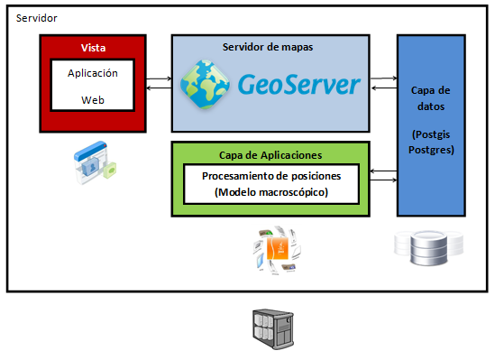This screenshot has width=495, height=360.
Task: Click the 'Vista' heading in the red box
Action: tap(93, 47)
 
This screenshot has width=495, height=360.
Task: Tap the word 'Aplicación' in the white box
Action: tap(93, 74)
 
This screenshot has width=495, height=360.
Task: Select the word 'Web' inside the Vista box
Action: tap(93, 100)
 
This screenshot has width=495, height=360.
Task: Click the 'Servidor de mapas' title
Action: tap(268, 46)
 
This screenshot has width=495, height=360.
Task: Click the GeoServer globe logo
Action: tap(205, 83)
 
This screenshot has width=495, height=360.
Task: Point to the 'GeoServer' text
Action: tap(298, 85)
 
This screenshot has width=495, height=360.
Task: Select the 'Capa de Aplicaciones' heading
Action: tap(270, 154)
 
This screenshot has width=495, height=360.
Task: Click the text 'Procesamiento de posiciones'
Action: tap(270, 175)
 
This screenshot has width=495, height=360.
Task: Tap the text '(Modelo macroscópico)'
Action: tap(270, 192)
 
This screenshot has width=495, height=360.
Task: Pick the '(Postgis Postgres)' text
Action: tap(438, 142)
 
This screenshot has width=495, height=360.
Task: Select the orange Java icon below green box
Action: tap(280, 250)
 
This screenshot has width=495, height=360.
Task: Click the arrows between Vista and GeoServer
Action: tap(159, 84)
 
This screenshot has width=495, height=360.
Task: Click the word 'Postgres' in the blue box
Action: tap(438, 149)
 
